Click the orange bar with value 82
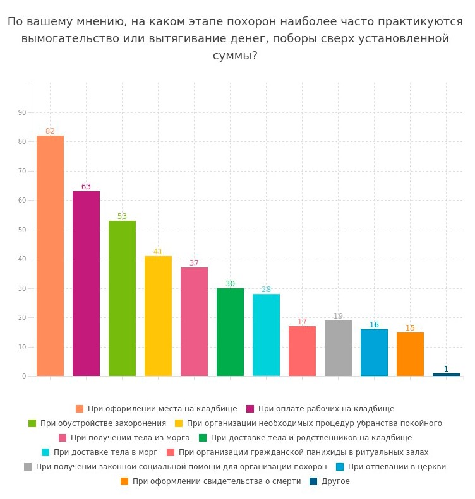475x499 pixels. click(50, 255)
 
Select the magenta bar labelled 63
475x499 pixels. click(86, 283)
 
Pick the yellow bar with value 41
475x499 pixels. click(158, 316)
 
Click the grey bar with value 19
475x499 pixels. click(338, 348)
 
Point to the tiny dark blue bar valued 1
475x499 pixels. click(446, 375)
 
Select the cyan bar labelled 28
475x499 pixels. click(266, 335)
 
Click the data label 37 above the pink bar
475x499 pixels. click(194, 263)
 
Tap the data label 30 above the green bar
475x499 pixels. click(230, 284)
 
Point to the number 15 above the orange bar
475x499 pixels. click(410, 328)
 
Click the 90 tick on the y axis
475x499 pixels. click(22, 112)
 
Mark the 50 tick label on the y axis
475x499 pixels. click(22, 230)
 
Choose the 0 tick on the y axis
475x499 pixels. click(24, 376)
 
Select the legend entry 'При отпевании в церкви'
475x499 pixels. click(396, 467)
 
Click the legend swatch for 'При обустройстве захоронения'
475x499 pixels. click(32, 423)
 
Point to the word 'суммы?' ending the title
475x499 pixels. click(235, 56)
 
